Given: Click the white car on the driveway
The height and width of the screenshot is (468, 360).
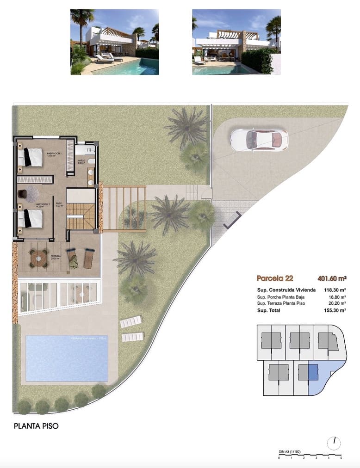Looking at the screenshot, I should pos(259,139).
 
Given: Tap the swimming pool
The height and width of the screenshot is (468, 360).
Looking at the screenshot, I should pos(67,358).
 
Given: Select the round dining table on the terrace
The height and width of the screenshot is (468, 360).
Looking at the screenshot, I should pos(39,259).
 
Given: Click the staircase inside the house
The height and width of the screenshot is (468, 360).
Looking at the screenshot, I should pos(81,216).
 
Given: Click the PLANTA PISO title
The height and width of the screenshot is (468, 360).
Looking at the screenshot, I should pos(37,426).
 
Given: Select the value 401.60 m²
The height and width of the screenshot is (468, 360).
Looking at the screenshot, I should pos(332,278).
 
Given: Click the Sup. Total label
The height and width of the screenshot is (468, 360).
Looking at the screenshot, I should pos(268,310).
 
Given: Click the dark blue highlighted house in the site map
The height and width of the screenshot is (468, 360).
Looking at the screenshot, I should pos(313,372).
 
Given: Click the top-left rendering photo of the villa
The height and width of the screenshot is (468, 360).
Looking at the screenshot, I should pos(114,42).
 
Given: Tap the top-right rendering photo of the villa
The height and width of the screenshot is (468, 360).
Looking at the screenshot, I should pos(236,42).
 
